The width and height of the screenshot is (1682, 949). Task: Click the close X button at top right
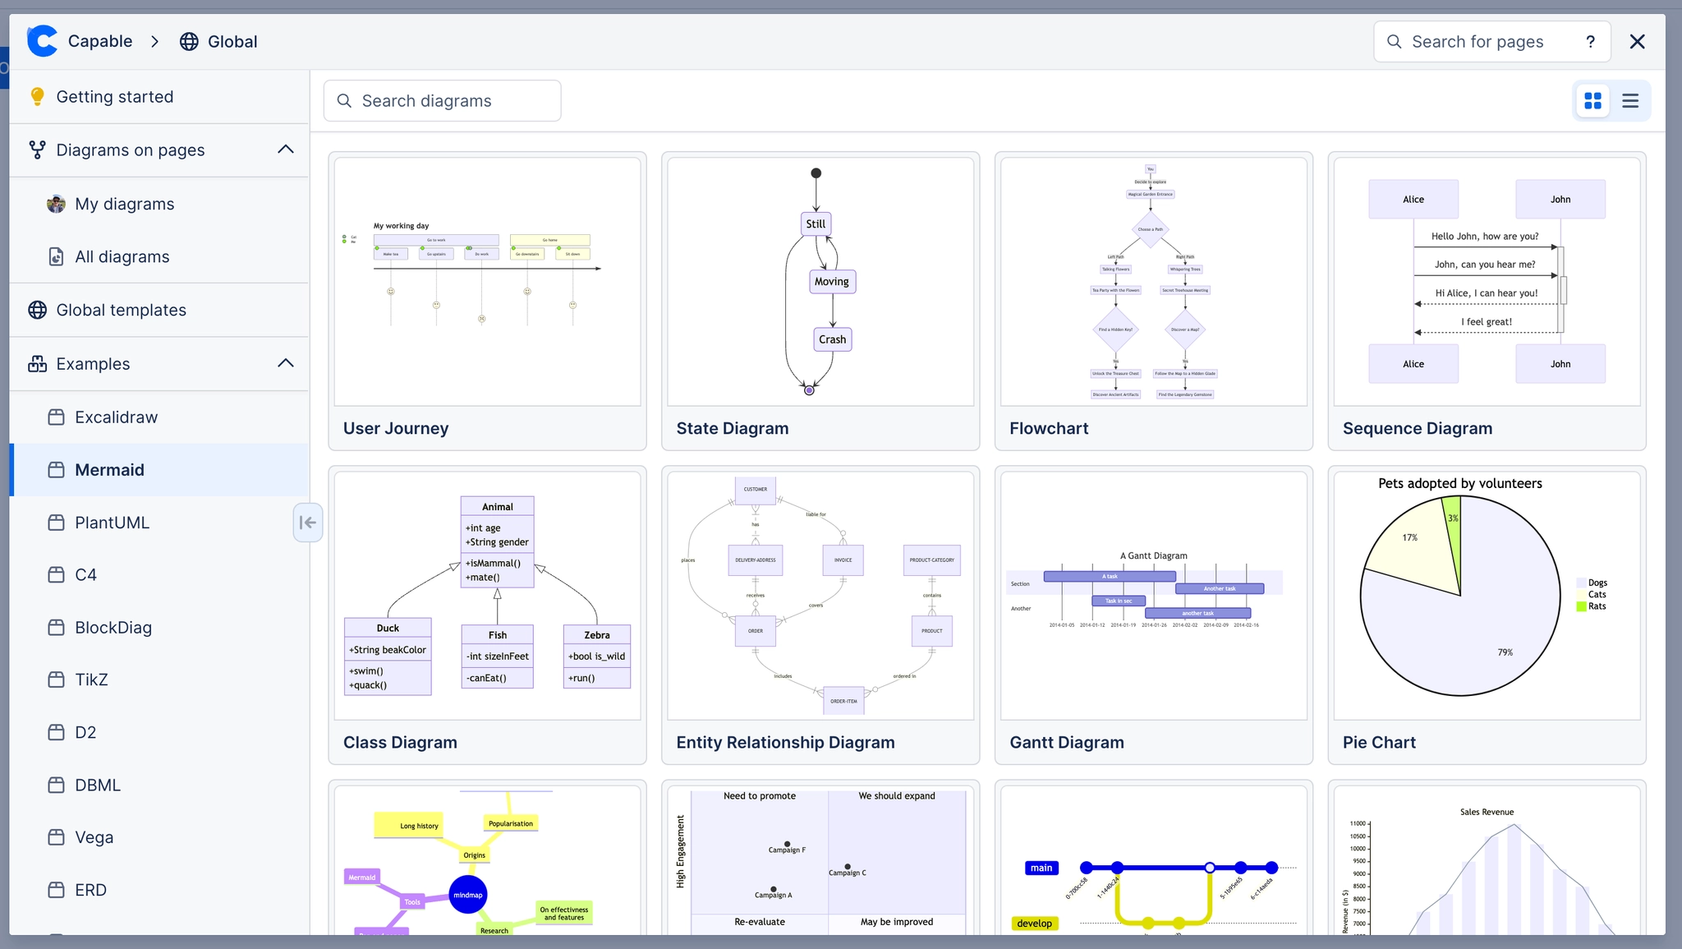coord(1637,42)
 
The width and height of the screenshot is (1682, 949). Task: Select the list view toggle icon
coord(1630,101)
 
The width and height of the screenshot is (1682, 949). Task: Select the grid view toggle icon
coord(1592,101)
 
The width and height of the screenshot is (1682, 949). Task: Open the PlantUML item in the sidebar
coord(112,523)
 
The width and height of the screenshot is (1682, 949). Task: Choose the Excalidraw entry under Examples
coord(116,417)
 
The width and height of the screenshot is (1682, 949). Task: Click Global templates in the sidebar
coord(121,310)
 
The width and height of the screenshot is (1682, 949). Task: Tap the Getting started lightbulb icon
coord(37,97)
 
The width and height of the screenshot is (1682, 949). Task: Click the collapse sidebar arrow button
coord(308,523)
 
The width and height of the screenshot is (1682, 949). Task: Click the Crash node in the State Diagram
coord(832,339)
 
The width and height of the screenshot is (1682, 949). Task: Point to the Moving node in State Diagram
coord(831,282)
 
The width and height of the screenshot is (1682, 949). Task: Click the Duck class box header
coord(388,628)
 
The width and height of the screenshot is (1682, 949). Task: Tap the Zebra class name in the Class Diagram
coord(596,635)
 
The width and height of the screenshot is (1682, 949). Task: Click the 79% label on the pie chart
coord(1505,652)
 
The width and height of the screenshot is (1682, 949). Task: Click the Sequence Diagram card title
coord(1417,428)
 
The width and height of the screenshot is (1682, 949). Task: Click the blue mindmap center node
coord(468,895)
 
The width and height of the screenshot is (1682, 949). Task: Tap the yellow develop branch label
coord(1034,924)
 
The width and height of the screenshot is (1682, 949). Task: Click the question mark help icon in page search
coord(1590,42)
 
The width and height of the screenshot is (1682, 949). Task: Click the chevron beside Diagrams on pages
coord(285,150)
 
